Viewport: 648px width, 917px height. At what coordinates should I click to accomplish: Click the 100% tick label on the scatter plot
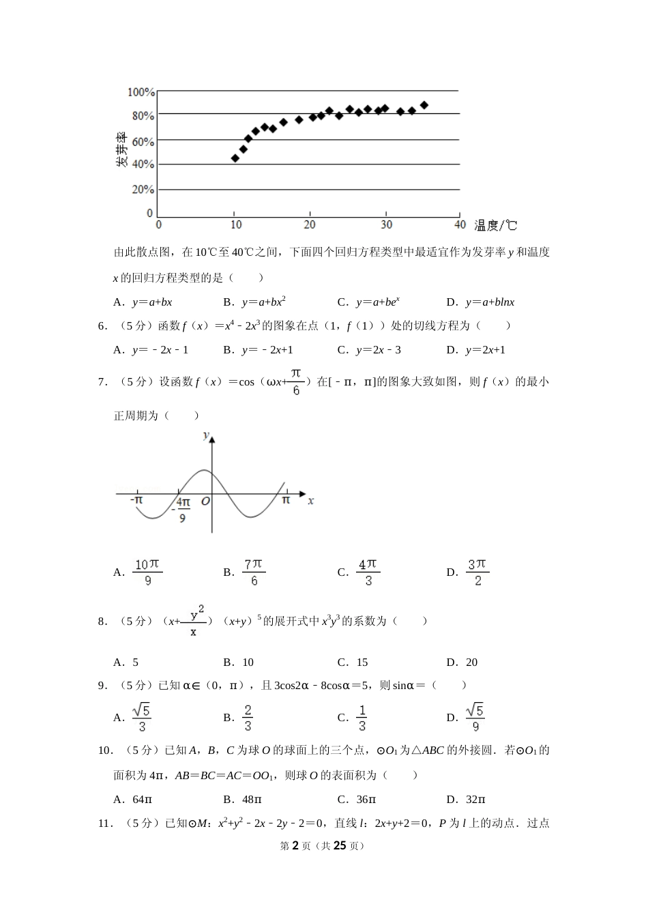[x=142, y=92]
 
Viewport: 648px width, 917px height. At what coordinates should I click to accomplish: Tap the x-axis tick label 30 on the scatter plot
[x=386, y=225]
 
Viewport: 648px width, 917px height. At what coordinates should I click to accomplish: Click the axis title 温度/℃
[x=496, y=226]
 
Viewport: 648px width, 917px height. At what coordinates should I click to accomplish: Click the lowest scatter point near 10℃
[x=235, y=158]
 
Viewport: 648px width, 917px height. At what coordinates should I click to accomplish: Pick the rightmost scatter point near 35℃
[x=424, y=105]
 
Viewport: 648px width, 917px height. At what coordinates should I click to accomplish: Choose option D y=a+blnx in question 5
[x=489, y=302]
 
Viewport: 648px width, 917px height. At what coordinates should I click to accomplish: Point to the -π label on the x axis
[x=136, y=500]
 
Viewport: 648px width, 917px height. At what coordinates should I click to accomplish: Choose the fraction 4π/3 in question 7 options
[x=368, y=572]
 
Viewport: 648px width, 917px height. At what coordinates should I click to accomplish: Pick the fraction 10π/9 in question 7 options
[x=147, y=572]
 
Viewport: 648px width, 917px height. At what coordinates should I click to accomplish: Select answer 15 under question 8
[x=362, y=663]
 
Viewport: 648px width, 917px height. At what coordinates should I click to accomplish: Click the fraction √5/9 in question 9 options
[x=475, y=718]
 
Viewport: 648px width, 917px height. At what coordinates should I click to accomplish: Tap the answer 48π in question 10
[x=252, y=800]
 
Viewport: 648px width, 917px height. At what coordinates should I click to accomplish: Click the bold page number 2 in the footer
[x=295, y=846]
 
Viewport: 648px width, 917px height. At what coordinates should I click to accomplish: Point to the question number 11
[x=104, y=824]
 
